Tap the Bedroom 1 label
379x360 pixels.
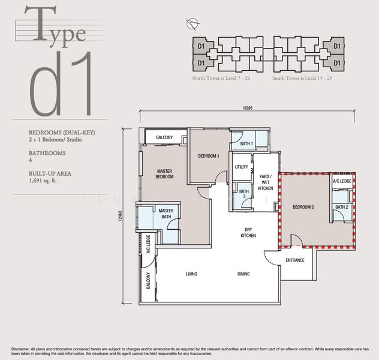(209, 156)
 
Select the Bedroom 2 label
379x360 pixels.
(303, 207)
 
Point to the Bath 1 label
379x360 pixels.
(246, 144)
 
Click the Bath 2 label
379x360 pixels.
(341, 207)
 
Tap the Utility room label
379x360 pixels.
(242, 167)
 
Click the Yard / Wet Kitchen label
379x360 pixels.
(265, 182)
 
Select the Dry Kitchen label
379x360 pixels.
(248, 232)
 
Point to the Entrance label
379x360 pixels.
(294, 260)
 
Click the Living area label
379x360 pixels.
(191, 274)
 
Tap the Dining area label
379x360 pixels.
(243, 274)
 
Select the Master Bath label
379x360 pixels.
(166, 214)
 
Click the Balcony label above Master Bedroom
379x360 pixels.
(164, 138)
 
